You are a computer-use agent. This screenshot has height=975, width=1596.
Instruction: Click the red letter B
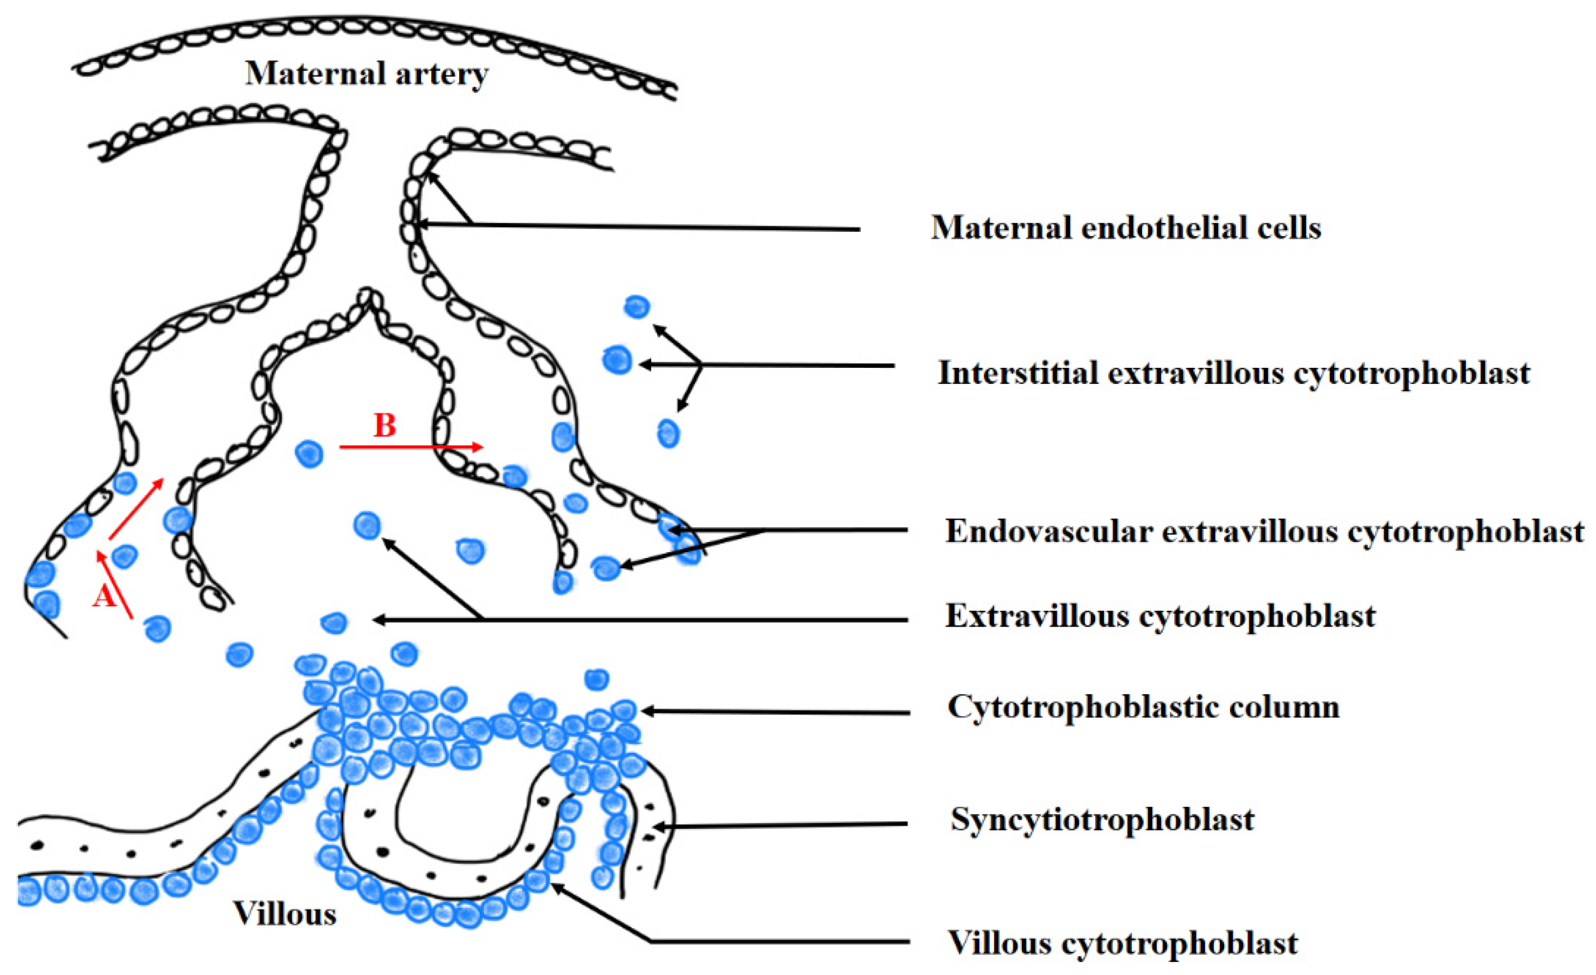(385, 425)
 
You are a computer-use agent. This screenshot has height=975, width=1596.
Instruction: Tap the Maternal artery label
(367, 74)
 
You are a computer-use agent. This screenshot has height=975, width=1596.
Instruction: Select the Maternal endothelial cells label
(1126, 228)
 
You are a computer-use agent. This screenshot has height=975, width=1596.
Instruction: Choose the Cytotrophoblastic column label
(1144, 707)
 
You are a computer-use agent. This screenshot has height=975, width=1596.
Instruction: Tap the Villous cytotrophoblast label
(1123, 943)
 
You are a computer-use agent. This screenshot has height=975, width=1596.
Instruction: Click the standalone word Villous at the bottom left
(285, 914)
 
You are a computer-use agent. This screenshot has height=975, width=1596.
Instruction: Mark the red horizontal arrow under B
(411, 447)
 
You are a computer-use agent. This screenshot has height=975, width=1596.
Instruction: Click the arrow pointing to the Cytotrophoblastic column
(777, 712)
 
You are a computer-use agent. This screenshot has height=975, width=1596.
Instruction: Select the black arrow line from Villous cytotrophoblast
(777, 942)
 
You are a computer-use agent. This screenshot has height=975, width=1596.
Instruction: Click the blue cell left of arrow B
(309, 454)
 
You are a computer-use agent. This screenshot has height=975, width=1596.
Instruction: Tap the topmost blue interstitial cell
(637, 307)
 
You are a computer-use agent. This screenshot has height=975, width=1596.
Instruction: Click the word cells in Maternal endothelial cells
(1289, 228)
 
